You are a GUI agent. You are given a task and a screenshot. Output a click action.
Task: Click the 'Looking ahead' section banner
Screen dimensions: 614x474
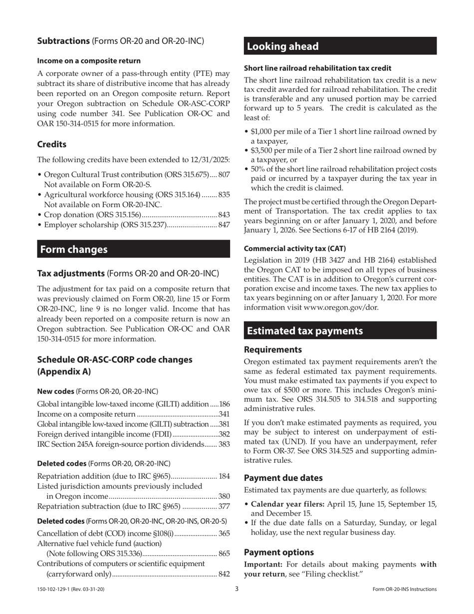click(282, 46)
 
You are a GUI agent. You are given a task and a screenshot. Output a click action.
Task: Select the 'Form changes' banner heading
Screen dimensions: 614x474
click(73, 249)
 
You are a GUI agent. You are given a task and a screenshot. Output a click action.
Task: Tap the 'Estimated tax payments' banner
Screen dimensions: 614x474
click(305, 330)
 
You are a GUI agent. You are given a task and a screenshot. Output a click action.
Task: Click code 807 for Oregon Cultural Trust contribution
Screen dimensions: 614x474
click(224, 175)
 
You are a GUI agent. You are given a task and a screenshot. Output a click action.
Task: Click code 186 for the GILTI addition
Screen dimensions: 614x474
click(225, 403)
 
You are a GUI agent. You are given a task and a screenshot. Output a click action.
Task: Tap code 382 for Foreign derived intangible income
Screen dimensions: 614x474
click(225, 434)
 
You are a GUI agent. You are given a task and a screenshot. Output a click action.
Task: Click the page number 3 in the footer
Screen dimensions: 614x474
click(237, 589)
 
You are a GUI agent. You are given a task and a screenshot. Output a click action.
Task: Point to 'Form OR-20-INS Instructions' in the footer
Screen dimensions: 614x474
click(404, 590)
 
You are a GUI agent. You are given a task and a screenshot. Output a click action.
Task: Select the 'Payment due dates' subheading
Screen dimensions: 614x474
click(283, 478)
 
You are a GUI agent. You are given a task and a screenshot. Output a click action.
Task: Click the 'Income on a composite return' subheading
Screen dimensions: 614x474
click(89, 61)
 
